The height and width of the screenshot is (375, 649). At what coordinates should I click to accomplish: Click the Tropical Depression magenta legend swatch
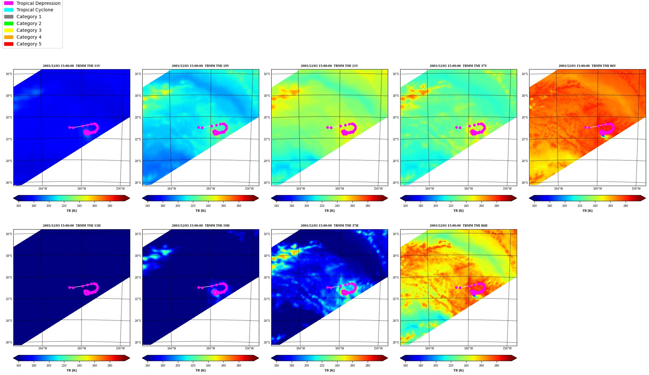(9, 3)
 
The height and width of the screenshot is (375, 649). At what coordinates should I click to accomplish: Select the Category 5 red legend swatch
(9, 44)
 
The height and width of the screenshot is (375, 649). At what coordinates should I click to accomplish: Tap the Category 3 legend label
(29, 30)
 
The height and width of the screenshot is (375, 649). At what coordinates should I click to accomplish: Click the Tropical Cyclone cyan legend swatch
(9, 10)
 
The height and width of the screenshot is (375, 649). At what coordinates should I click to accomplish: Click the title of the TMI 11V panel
(71, 66)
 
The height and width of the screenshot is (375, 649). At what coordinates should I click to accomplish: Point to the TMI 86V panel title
(587, 66)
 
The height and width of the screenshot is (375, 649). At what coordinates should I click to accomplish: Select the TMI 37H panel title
(329, 226)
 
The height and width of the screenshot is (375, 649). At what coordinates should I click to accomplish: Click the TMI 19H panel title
(200, 226)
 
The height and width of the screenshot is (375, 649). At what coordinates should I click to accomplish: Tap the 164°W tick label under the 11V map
(43, 189)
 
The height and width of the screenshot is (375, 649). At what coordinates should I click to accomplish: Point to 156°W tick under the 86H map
(507, 349)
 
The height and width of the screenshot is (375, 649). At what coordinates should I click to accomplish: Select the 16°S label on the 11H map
(9, 234)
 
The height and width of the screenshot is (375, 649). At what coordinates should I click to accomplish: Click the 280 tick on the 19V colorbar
(239, 206)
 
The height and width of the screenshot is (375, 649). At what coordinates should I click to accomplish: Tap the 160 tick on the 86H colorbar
(405, 366)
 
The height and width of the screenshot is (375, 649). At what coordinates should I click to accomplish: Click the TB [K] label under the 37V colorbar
(458, 211)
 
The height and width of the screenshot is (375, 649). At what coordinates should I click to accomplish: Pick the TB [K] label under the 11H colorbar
(71, 370)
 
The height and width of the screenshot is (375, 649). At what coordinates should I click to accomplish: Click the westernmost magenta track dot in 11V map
(70, 127)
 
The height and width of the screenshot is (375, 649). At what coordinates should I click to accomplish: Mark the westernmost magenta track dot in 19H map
(198, 287)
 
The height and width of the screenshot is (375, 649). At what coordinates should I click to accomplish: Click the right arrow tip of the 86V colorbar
(645, 198)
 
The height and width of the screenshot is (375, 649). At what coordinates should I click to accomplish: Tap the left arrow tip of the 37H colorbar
(272, 358)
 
